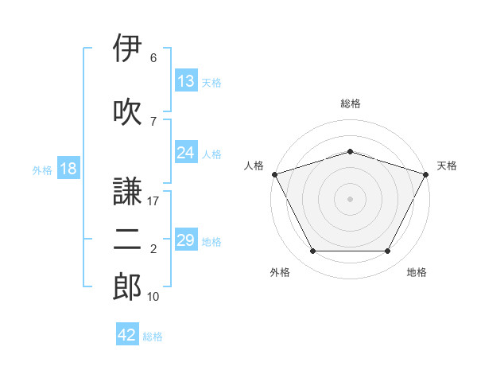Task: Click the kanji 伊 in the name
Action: (x=127, y=48)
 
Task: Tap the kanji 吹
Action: (x=127, y=111)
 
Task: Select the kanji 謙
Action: (x=127, y=191)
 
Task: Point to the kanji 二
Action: (x=127, y=240)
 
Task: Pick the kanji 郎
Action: (x=127, y=286)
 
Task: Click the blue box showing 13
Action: (x=186, y=80)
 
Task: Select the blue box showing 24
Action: (x=186, y=152)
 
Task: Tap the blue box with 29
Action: (x=186, y=239)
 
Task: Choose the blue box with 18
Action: (x=68, y=168)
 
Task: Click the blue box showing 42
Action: (x=127, y=333)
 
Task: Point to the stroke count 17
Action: (x=153, y=201)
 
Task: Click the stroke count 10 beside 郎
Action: (x=153, y=297)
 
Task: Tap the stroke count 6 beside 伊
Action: (x=153, y=57)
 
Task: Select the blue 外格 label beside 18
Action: (x=42, y=170)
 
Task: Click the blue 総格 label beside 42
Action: (x=153, y=337)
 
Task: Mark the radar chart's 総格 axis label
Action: (x=351, y=103)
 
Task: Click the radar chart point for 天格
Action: (x=426, y=174)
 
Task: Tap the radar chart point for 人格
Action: (x=275, y=174)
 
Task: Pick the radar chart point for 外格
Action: (x=312, y=251)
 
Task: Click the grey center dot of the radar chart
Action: (x=350, y=199)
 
